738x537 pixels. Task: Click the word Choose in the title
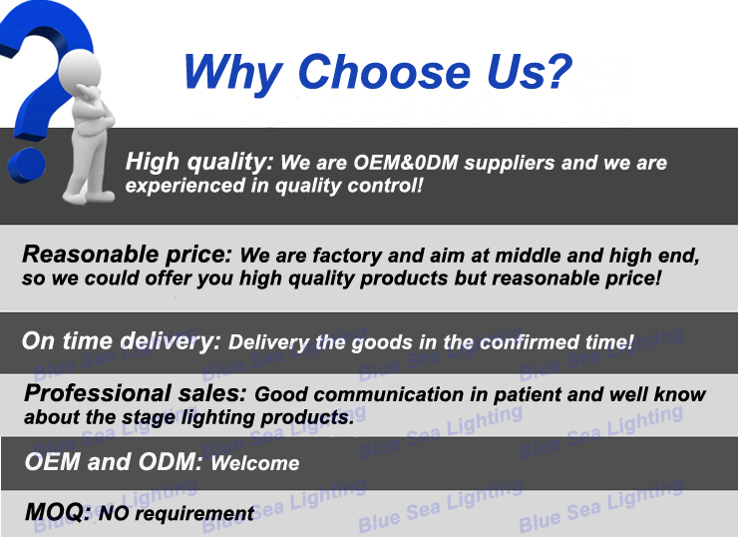[x=384, y=72]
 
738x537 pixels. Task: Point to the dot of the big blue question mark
[x=27, y=165]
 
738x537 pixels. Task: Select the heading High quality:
[x=199, y=163]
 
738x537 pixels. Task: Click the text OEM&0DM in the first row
[x=406, y=163]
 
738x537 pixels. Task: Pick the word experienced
[x=184, y=186]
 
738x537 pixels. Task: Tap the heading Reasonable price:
[x=127, y=255]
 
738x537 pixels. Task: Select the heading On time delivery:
[x=121, y=341]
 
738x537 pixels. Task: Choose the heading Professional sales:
[x=135, y=394]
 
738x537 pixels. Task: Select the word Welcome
[x=254, y=463]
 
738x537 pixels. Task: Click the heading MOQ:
[x=58, y=512]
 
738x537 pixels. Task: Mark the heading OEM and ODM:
[x=114, y=461]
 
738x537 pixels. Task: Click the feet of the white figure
[x=88, y=196]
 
